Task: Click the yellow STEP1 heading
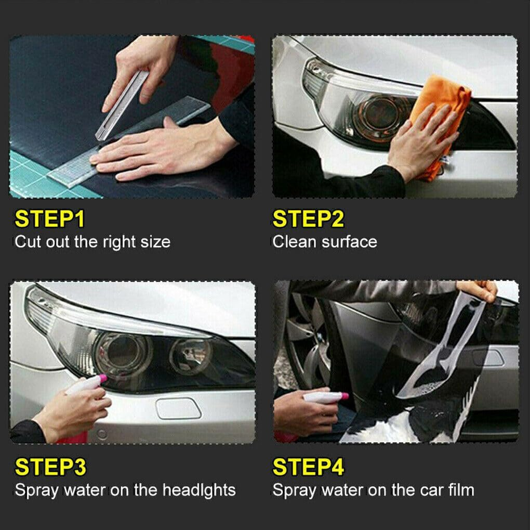(x=49, y=219)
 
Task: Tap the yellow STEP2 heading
(x=308, y=219)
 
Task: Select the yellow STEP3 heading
(x=50, y=468)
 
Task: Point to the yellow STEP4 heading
(x=308, y=468)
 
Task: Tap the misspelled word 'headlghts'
(x=199, y=490)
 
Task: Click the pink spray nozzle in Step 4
(x=343, y=397)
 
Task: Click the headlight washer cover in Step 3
(x=178, y=408)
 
